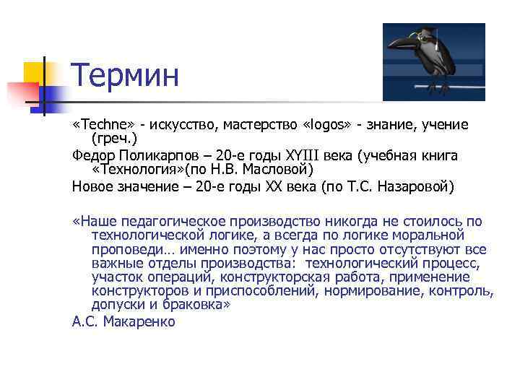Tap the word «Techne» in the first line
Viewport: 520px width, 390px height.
click(x=99, y=125)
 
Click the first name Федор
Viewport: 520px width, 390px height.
click(x=92, y=155)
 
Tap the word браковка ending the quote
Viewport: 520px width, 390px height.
click(x=197, y=304)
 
